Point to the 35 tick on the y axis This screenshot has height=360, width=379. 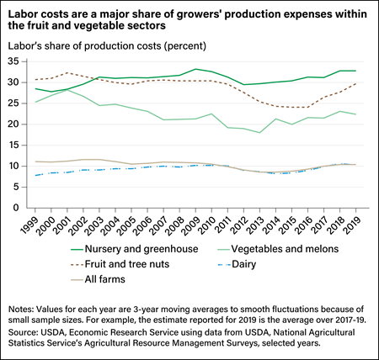[16, 61]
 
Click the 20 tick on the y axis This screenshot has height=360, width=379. [16, 124]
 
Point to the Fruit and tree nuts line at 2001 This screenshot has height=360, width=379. [67, 73]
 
